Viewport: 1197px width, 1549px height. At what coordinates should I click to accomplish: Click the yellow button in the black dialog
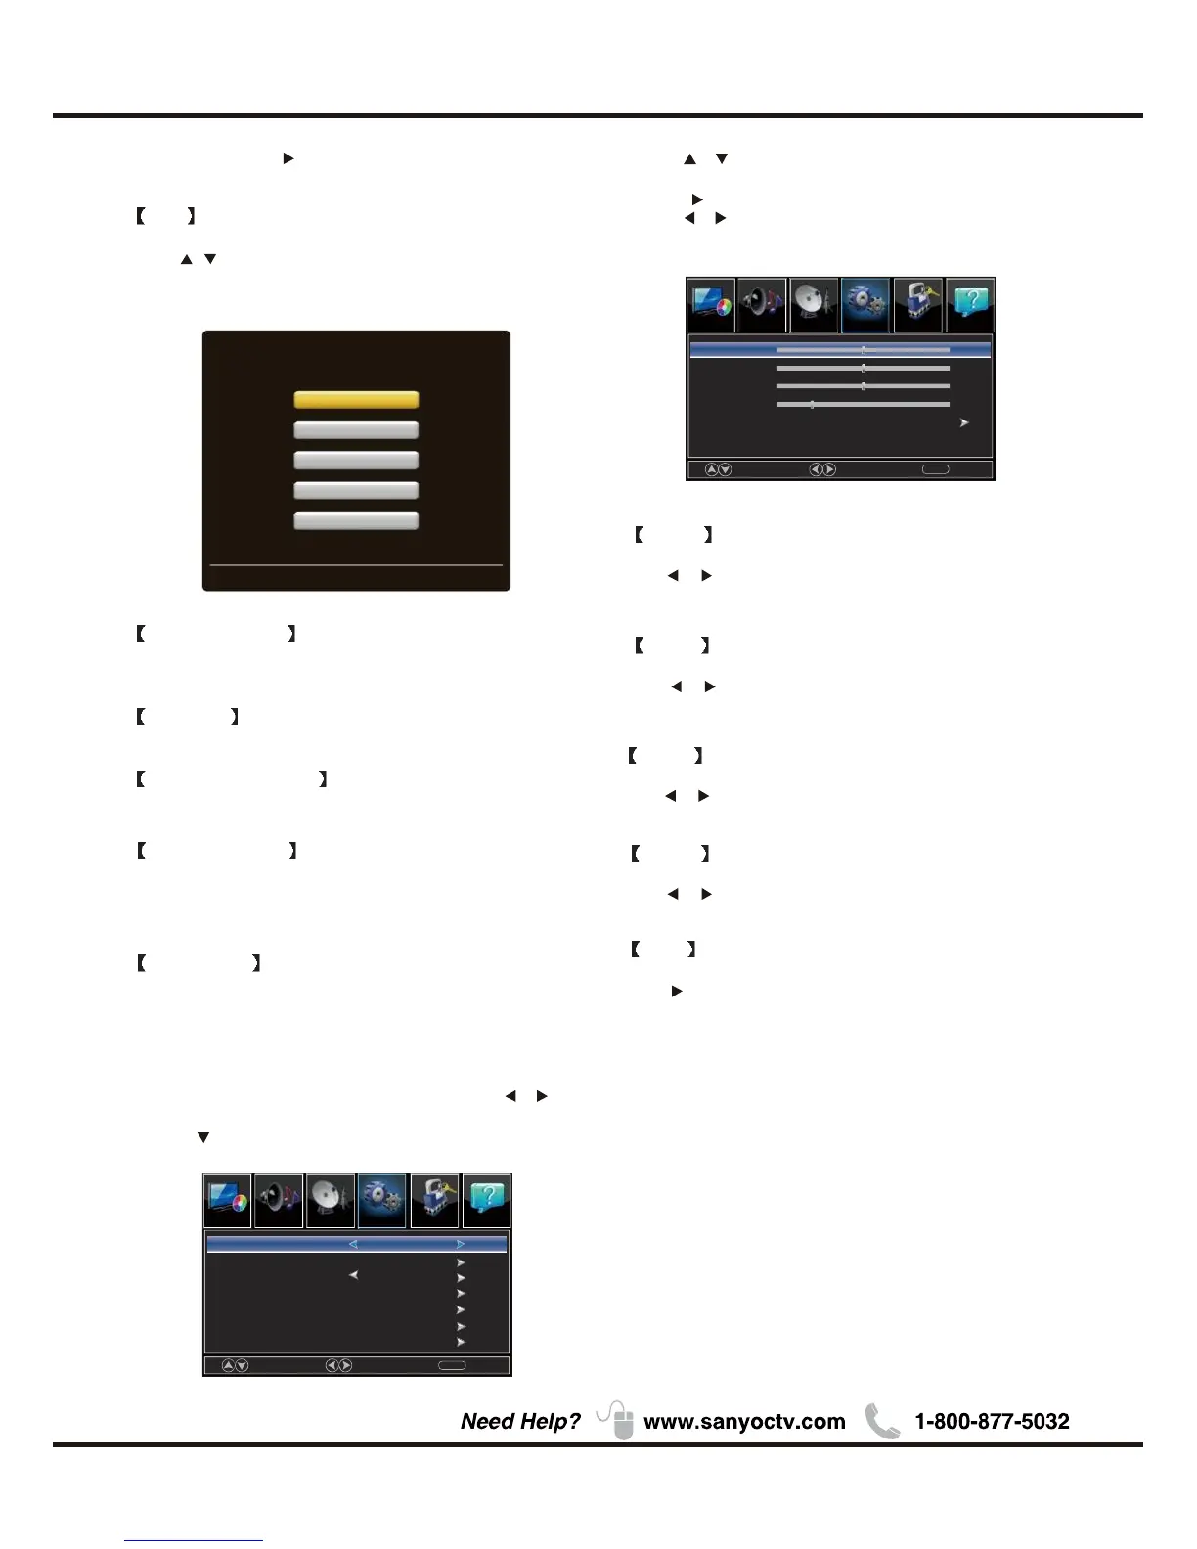pos(356,399)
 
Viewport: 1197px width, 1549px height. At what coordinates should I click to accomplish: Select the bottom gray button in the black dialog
pos(356,520)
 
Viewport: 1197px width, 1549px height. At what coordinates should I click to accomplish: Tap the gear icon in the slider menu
pos(865,304)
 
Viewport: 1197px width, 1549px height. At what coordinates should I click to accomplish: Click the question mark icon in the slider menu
pos(970,304)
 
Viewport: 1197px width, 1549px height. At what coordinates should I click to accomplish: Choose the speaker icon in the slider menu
pos(762,304)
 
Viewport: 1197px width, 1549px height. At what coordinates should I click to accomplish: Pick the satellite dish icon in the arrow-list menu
pos(331,1200)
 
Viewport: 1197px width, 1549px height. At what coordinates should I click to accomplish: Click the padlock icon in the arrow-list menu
pos(434,1200)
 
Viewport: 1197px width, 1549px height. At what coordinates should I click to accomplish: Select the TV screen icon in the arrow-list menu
pos(227,1200)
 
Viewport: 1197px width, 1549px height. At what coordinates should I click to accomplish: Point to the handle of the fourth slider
pos(812,404)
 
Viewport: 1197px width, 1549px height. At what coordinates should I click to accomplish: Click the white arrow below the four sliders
pos(963,422)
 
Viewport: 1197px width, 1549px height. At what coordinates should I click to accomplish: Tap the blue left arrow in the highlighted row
pos(353,1244)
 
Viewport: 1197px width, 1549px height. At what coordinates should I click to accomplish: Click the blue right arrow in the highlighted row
pos(460,1244)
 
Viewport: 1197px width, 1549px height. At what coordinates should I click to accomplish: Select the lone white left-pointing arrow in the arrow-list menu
pos(354,1275)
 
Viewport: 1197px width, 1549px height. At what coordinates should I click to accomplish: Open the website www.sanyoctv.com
pos(744,1422)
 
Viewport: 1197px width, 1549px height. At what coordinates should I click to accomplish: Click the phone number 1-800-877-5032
pos(992,1422)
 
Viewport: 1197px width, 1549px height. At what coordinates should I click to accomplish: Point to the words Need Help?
pos(520,1422)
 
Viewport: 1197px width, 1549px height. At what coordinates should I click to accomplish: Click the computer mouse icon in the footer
pos(617,1420)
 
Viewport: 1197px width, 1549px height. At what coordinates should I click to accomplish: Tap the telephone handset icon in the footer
pos(882,1421)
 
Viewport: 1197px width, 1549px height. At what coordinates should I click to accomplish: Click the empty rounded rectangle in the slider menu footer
pos(936,469)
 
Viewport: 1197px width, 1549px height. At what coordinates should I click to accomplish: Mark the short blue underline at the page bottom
pos(194,1540)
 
